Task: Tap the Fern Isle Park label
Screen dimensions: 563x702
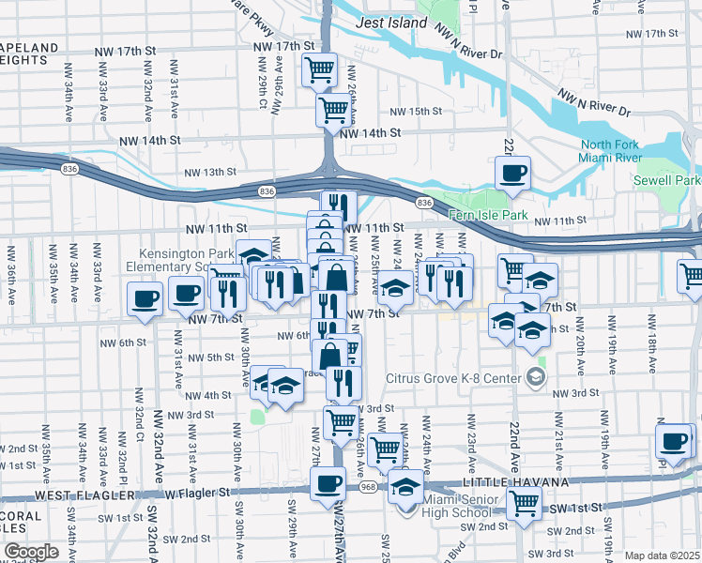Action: (488, 215)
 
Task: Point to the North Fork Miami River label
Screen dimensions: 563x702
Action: (616, 152)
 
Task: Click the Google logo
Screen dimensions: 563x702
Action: (30, 551)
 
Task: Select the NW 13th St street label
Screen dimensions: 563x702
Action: (209, 172)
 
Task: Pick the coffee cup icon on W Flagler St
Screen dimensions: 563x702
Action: (327, 483)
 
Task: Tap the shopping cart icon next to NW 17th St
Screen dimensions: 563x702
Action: (319, 68)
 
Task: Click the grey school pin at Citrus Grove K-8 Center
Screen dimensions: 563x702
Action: (536, 377)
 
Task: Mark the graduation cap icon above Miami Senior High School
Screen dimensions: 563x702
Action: (405, 487)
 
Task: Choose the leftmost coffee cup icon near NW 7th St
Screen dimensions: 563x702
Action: (144, 299)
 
